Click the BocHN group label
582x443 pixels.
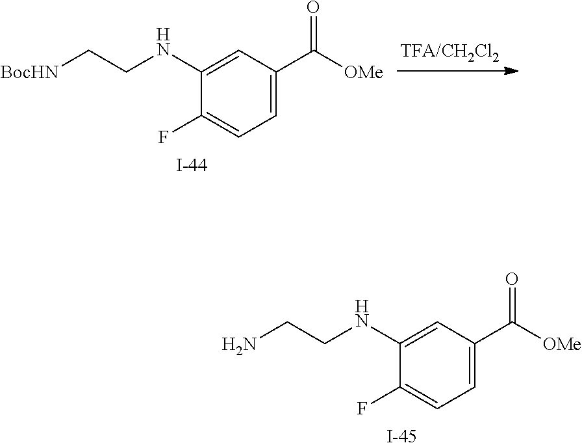[29, 72]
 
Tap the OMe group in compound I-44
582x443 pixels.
[363, 72]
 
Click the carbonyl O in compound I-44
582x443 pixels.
[314, 8]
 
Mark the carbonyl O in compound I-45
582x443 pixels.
[512, 280]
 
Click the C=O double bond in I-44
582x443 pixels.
[314, 33]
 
